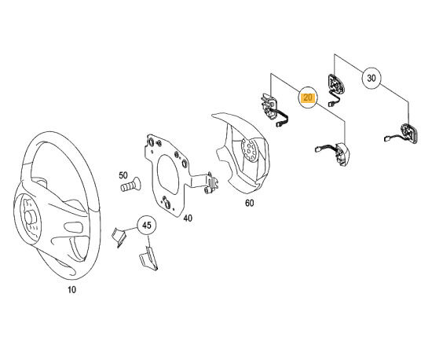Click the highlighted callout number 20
pos(308,97)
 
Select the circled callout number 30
pos(372,79)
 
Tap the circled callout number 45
pos(147,226)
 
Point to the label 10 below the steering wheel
pos(71,290)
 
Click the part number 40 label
pos(188,219)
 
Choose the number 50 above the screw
pos(123,175)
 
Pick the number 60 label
pos(249,203)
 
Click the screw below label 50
pos(130,185)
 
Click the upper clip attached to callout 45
pos(119,237)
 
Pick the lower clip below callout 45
pos(148,259)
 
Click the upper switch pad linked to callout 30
pos(336,85)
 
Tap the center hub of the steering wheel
pos(29,216)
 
